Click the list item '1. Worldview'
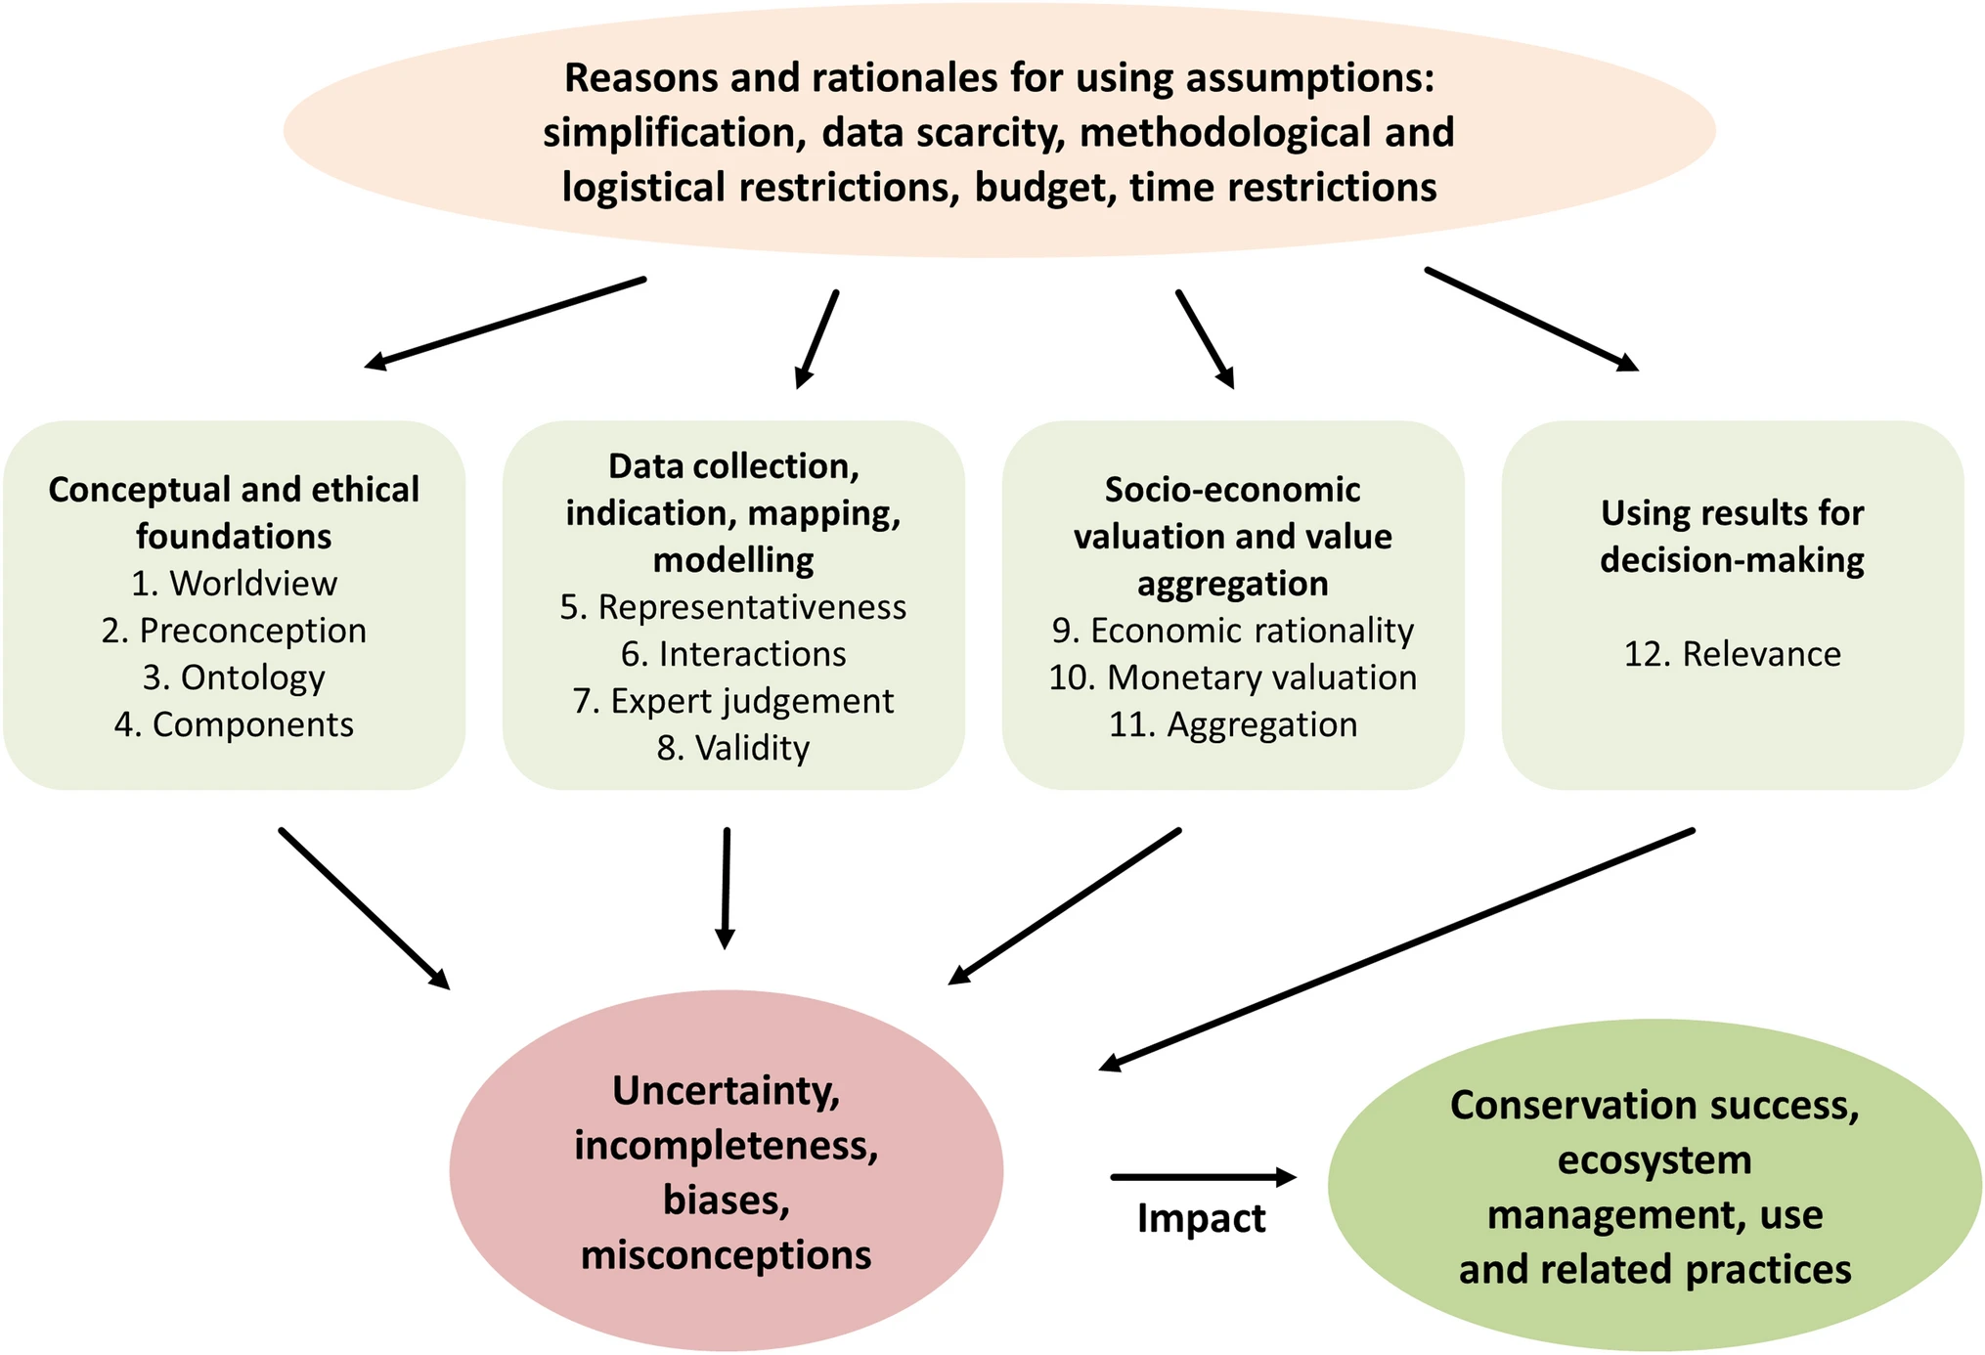234,584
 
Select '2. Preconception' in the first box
234,631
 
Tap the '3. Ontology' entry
234,677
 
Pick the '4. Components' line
234,724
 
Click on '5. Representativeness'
733,607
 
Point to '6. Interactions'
733,654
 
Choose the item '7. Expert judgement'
733,701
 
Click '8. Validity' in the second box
733,748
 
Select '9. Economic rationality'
1233,631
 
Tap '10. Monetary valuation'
1233,677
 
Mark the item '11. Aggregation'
1233,724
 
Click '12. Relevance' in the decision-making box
1732,654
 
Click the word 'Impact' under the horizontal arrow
1201,1219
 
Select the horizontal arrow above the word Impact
1203,1177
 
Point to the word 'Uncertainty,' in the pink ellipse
726,1092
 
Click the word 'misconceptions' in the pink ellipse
726,1255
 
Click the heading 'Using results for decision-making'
1732,537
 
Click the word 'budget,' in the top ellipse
1045,188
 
